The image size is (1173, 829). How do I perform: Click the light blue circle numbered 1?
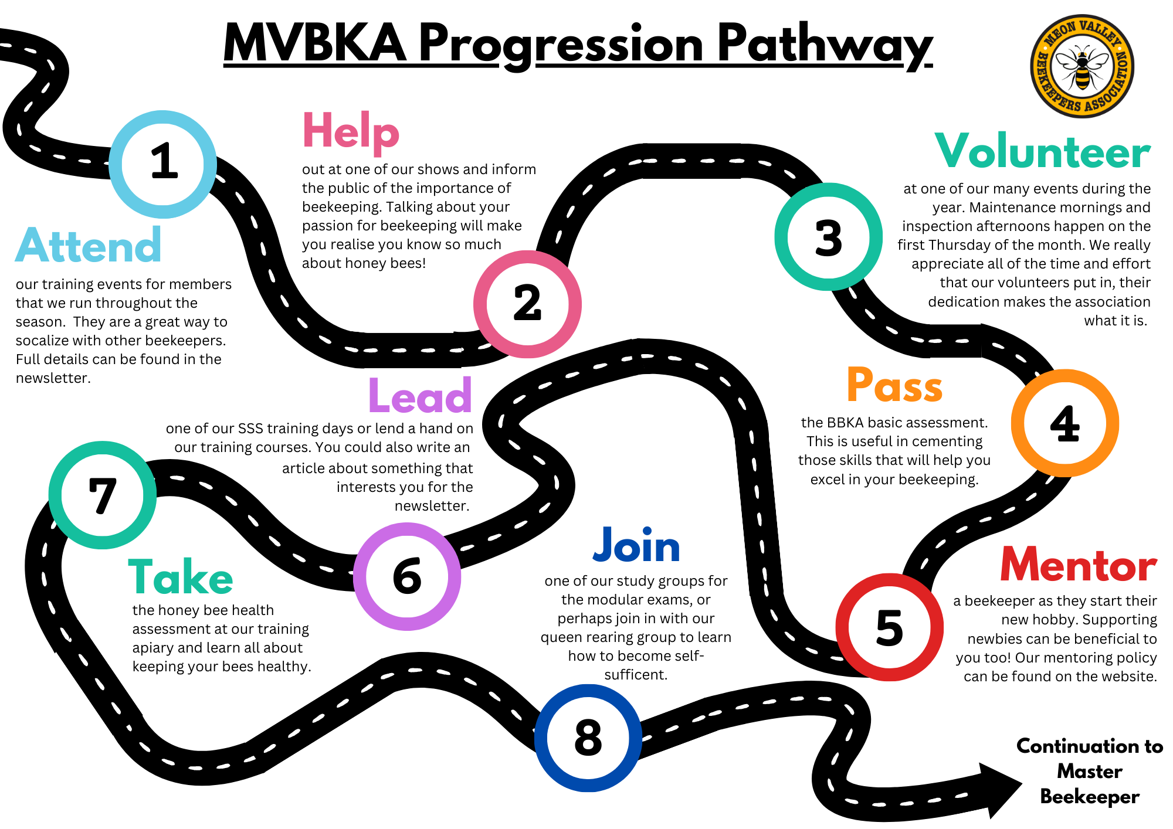[163, 164]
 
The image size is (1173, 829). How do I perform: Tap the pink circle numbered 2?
[527, 304]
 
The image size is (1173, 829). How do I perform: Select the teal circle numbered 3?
[828, 237]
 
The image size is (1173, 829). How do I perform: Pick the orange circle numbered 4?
[1064, 423]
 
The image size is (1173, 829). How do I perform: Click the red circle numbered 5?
[889, 627]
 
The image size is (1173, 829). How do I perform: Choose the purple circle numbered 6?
[407, 576]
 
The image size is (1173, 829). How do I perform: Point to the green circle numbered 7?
[103, 495]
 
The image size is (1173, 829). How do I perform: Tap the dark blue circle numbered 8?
[588, 738]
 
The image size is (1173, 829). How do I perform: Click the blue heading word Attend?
[88, 246]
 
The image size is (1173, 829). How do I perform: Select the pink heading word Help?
[351, 132]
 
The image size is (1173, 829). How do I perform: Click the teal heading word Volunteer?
[1042, 152]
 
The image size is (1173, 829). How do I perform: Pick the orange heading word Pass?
[894, 386]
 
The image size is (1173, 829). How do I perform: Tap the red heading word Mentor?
[1078, 565]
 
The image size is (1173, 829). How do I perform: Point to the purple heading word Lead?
[420, 396]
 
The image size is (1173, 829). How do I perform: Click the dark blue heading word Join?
[636, 545]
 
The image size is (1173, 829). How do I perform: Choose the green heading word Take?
[181, 577]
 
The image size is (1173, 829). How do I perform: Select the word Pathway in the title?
[824, 45]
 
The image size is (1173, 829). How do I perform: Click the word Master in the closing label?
[1089, 772]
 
